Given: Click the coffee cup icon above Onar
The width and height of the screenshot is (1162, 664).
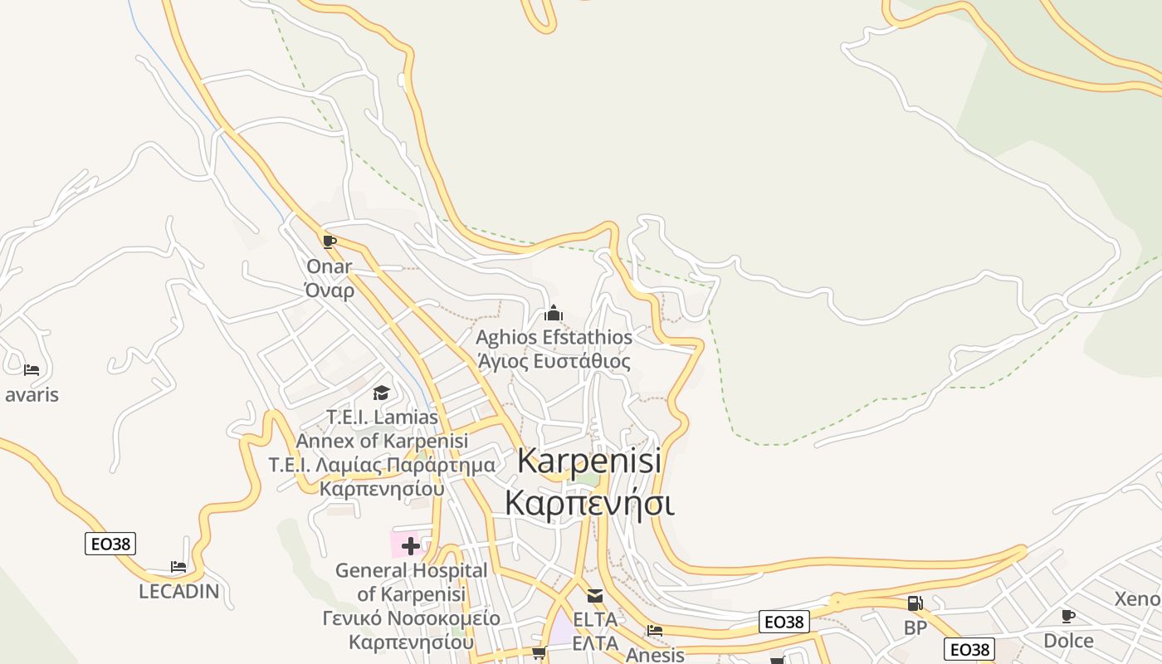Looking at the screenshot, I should pyautogui.click(x=330, y=242).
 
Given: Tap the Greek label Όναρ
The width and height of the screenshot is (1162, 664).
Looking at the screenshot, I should pyautogui.click(x=330, y=290).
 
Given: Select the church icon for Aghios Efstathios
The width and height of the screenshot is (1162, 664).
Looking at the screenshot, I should pyautogui.click(x=554, y=314).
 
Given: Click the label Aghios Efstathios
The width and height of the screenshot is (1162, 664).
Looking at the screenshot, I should pyautogui.click(x=554, y=338).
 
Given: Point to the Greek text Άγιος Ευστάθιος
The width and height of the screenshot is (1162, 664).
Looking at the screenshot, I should pyautogui.click(x=554, y=362).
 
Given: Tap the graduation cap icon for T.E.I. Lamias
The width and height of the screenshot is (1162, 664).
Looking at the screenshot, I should pyautogui.click(x=381, y=393).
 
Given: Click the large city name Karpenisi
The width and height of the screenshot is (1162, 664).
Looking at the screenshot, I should pyautogui.click(x=589, y=461).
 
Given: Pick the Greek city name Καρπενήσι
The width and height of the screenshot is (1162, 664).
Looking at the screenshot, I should pyautogui.click(x=589, y=503).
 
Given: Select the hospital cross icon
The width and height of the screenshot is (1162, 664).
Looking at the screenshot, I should pyautogui.click(x=411, y=546).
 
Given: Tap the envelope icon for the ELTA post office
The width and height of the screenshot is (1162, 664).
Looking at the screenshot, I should pyautogui.click(x=595, y=596).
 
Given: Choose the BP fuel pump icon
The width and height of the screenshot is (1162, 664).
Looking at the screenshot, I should pyautogui.click(x=915, y=603).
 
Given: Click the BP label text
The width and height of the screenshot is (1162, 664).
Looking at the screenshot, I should pyautogui.click(x=915, y=628).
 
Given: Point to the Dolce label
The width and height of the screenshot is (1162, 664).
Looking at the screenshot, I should pyautogui.click(x=1068, y=641).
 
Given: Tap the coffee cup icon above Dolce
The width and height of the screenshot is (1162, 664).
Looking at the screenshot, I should pyautogui.click(x=1068, y=616).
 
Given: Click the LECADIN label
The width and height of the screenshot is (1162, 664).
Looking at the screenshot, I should pyautogui.click(x=178, y=592).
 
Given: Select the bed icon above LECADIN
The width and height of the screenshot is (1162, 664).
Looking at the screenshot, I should pyautogui.click(x=178, y=567).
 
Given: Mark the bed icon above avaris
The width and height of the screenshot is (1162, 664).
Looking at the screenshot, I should pyautogui.click(x=32, y=370).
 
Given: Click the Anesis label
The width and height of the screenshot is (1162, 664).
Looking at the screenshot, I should pyautogui.click(x=655, y=655).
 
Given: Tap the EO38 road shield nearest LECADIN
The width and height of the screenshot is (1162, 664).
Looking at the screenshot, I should pyautogui.click(x=110, y=544).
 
